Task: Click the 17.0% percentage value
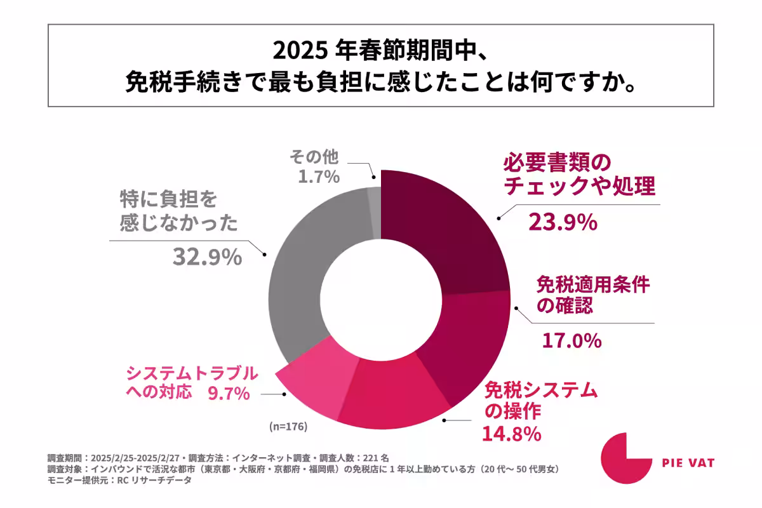571,340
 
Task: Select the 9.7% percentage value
228,393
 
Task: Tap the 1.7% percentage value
319,177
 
